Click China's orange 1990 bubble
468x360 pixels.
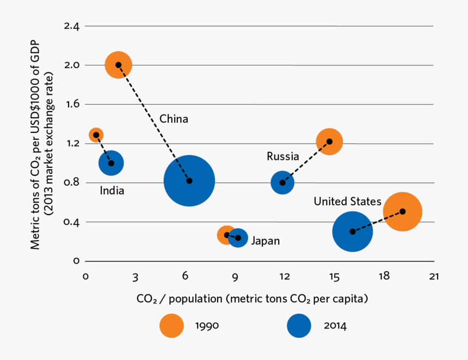119,65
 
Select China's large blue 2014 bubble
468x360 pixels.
189,180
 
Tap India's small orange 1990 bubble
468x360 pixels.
96,135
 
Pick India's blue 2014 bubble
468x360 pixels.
111,163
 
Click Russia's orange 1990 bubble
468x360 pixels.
329,142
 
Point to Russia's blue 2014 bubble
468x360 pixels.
282,182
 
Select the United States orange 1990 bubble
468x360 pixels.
403,211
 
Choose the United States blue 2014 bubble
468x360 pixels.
352,231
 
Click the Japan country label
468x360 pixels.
265,241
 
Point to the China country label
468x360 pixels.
174,119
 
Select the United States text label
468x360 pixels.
347,202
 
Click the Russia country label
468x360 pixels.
282,156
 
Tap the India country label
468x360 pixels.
112,191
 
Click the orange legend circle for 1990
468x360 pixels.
171,326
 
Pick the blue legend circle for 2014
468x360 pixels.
299,326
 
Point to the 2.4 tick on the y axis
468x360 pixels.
71,26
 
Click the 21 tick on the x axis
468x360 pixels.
433,277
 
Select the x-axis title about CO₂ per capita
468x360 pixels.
253,299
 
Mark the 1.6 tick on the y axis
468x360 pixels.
71,104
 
